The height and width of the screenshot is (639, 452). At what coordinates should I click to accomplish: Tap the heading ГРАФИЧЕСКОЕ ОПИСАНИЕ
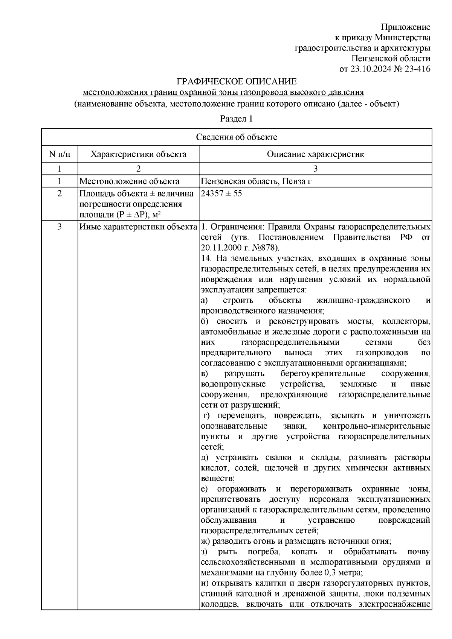(x=237, y=82)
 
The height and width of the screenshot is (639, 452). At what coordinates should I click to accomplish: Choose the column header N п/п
(x=60, y=154)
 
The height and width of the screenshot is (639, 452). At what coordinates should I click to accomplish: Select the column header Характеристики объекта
(x=139, y=154)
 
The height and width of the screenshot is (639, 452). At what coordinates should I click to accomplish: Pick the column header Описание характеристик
(x=315, y=154)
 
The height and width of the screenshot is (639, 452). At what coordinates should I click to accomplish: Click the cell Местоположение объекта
(x=129, y=181)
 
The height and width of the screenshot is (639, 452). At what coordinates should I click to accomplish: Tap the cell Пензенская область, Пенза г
(x=256, y=181)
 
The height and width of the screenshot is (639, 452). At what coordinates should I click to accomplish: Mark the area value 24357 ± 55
(x=221, y=193)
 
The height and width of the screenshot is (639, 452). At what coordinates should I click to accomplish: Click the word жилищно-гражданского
(x=363, y=300)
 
